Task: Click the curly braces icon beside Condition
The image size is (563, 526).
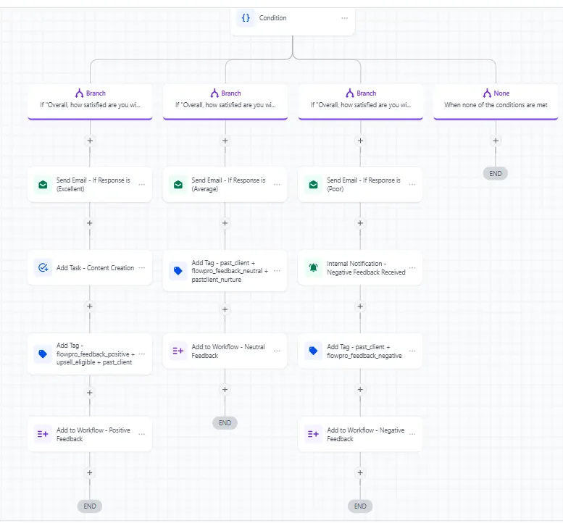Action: (x=246, y=17)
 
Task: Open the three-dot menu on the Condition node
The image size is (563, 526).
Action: (x=345, y=18)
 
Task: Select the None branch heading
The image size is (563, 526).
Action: (x=496, y=93)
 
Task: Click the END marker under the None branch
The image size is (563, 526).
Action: (x=496, y=174)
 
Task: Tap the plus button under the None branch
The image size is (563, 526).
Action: (x=496, y=141)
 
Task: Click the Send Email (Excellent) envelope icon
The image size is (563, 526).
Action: (x=43, y=185)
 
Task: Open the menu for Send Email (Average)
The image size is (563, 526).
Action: (x=278, y=185)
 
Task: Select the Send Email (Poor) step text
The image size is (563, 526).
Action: (x=363, y=185)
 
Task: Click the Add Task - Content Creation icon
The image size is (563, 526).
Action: (x=43, y=267)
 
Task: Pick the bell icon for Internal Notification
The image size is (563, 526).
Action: (x=314, y=267)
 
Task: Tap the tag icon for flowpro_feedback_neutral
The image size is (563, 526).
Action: (x=178, y=271)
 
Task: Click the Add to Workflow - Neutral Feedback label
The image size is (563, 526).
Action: (x=228, y=351)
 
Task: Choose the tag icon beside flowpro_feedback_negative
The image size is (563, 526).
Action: (x=314, y=351)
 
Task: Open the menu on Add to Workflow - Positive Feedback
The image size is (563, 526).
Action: (x=142, y=434)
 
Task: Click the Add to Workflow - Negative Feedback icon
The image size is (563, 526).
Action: (x=314, y=434)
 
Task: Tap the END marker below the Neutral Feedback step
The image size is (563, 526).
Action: (x=225, y=423)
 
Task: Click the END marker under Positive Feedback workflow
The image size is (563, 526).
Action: (x=90, y=506)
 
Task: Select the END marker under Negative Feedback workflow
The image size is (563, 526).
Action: (x=360, y=506)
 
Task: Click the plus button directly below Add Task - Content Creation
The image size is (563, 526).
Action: (x=90, y=306)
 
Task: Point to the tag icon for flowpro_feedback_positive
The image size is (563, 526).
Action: (x=43, y=354)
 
